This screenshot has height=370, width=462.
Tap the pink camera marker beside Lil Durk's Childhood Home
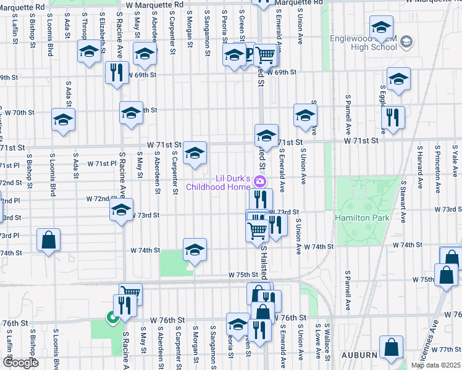pos(261,181)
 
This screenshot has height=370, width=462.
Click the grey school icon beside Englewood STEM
pos(406,42)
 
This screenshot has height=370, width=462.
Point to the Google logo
pos(20,363)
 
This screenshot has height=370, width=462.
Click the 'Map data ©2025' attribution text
pos(435,365)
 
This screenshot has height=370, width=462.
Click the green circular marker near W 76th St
pos(112,318)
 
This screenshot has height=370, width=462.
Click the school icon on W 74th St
pos(195,250)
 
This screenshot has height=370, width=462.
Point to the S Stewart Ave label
pos(403,201)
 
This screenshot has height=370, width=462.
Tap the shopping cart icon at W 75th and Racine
pos(130,294)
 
